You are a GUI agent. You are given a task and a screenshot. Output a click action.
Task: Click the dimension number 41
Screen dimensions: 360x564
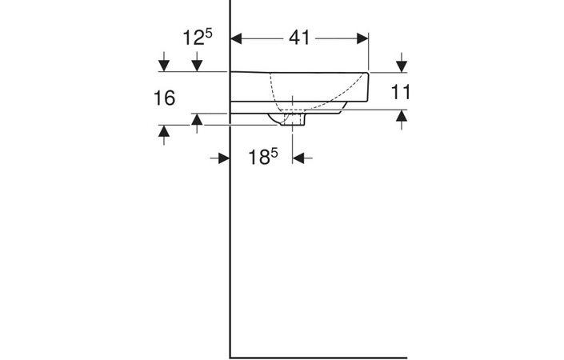[x=299, y=38]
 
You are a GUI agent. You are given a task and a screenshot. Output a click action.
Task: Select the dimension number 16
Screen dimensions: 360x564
[x=164, y=98]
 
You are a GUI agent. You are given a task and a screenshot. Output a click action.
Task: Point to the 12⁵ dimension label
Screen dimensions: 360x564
[x=196, y=38]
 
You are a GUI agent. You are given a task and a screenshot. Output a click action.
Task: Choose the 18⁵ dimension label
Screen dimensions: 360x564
[x=262, y=158]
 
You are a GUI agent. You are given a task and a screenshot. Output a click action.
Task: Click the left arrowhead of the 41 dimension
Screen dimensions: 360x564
[x=238, y=38]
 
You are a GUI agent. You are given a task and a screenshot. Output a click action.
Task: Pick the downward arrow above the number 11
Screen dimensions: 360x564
[x=402, y=64]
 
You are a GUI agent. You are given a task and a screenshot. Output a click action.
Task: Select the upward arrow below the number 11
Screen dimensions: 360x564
[x=402, y=117]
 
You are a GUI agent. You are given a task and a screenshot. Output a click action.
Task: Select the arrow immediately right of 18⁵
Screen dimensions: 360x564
[x=301, y=158]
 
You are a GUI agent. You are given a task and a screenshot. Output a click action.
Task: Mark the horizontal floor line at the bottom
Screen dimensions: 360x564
[x=320, y=357]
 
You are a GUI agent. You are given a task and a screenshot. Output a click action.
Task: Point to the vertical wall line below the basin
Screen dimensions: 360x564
[x=230, y=240]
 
